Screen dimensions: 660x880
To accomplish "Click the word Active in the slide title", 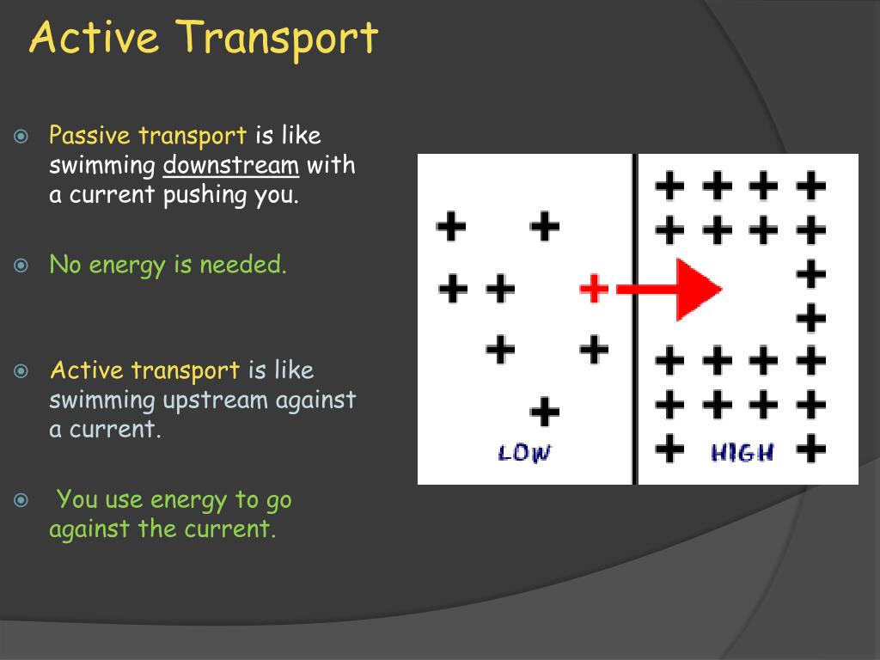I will click(94, 38).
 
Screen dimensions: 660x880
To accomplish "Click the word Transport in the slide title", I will click(279, 38).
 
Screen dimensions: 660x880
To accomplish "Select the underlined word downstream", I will click(231, 165).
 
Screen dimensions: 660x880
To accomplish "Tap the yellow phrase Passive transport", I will click(148, 136).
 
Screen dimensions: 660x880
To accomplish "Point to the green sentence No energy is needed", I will click(168, 265).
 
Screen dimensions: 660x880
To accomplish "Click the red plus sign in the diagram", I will click(594, 288).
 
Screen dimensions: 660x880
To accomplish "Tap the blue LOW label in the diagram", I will click(524, 453).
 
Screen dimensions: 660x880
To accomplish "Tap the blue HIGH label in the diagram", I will click(742, 452).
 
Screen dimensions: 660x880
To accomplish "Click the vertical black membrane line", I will click(635, 318).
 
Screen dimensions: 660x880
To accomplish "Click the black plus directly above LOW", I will click(544, 412).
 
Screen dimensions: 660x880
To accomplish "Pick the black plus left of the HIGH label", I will click(670, 448).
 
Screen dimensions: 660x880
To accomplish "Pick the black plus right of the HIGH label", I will click(810, 448).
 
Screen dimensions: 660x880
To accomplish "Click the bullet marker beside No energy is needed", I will click(21, 266).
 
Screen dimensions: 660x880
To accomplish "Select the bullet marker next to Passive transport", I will click(21, 137).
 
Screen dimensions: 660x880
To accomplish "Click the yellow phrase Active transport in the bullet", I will click(144, 371).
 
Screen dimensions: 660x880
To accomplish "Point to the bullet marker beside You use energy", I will click(21, 500).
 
